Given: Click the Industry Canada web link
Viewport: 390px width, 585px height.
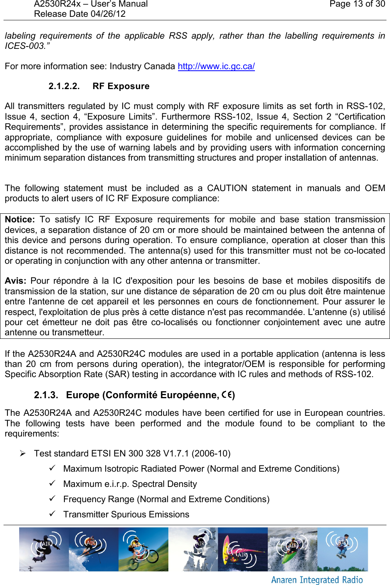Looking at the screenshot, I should pyautogui.click(x=216, y=66).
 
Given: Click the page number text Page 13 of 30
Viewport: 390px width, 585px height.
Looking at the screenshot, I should pyautogui.click(x=357, y=4).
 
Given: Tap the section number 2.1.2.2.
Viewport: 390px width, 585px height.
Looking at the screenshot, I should pyautogui.click(x=64, y=86).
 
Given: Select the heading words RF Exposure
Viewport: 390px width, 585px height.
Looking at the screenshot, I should pyautogui.click(x=121, y=86).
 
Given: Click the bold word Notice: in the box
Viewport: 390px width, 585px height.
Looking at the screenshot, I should pyautogui.click(x=20, y=220).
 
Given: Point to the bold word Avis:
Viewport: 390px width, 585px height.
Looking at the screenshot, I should pyautogui.click(x=15, y=281).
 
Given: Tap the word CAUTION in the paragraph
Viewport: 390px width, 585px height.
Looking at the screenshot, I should pyautogui.click(x=227, y=188).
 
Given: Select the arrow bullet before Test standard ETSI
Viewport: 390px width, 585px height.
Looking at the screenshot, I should pyautogui.click(x=23, y=453).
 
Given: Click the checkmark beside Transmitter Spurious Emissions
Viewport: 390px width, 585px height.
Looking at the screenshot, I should pyautogui.click(x=52, y=513).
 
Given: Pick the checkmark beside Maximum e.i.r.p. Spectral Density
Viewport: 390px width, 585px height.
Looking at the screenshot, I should pyautogui.click(x=52, y=483).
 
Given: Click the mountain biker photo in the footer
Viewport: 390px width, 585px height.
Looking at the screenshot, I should pyautogui.click(x=143, y=549).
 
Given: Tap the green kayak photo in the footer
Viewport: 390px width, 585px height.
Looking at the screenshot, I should pyautogui.click(x=292, y=549).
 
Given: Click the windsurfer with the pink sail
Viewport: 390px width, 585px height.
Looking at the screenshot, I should pyautogui.click(x=242, y=549).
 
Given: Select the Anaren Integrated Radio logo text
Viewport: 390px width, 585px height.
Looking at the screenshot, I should pyautogui.click(x=317, y=580).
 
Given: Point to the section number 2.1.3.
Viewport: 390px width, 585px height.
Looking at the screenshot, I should pyautogui.click(x=46, y=395).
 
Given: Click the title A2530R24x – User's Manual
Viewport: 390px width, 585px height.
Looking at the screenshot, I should pyautogui.click(x=91, y=4).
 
